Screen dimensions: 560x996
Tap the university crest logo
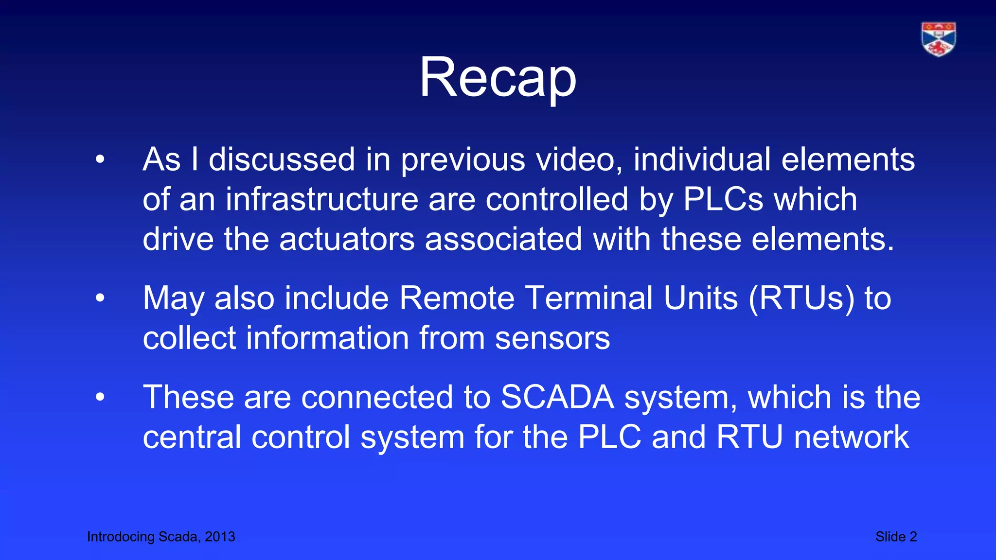[938, 39]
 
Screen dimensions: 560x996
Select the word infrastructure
[321, 199]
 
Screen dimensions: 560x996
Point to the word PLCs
[723, 199]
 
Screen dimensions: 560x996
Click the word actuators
[347, 239]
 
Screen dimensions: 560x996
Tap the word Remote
[457, 298]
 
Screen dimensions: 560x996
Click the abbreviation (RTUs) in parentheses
[801, 298]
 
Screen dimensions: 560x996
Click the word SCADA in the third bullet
[557, 397]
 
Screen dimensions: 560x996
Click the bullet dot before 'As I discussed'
[100, 159]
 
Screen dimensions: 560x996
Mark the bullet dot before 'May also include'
[100, 298]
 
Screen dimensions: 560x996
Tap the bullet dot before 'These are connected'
[100, 397]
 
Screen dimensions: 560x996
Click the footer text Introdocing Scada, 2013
[161, 537]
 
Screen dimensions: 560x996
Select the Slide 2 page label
[896, 537]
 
